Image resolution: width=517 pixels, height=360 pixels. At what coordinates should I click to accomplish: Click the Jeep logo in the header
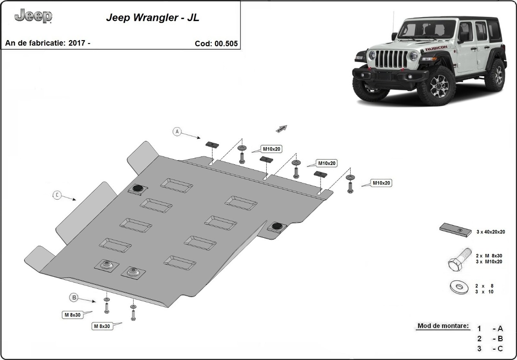click(33, 16)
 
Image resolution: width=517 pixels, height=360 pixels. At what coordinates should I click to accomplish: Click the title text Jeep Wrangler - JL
click(153, 19)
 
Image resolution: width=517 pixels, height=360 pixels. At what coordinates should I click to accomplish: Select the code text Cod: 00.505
click(216, 43)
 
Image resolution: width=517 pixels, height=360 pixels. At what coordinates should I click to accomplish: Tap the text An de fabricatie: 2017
click(47, 43)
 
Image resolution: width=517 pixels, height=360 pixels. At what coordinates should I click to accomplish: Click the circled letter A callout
click(177, 132)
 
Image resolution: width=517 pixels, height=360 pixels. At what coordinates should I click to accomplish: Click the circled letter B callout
click(74, 297)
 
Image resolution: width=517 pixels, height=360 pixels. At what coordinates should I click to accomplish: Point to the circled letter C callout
click(57, 195)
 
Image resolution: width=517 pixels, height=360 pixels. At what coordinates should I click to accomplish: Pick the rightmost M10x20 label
click(381, 183)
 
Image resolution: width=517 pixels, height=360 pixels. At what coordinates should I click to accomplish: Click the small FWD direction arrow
click(282, 128)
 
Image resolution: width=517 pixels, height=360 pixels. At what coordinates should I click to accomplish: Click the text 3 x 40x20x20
click(491, 232)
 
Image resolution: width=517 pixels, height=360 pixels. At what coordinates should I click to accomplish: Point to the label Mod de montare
click(443, 326)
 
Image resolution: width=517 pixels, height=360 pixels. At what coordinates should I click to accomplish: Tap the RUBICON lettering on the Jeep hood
click(436, 48)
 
